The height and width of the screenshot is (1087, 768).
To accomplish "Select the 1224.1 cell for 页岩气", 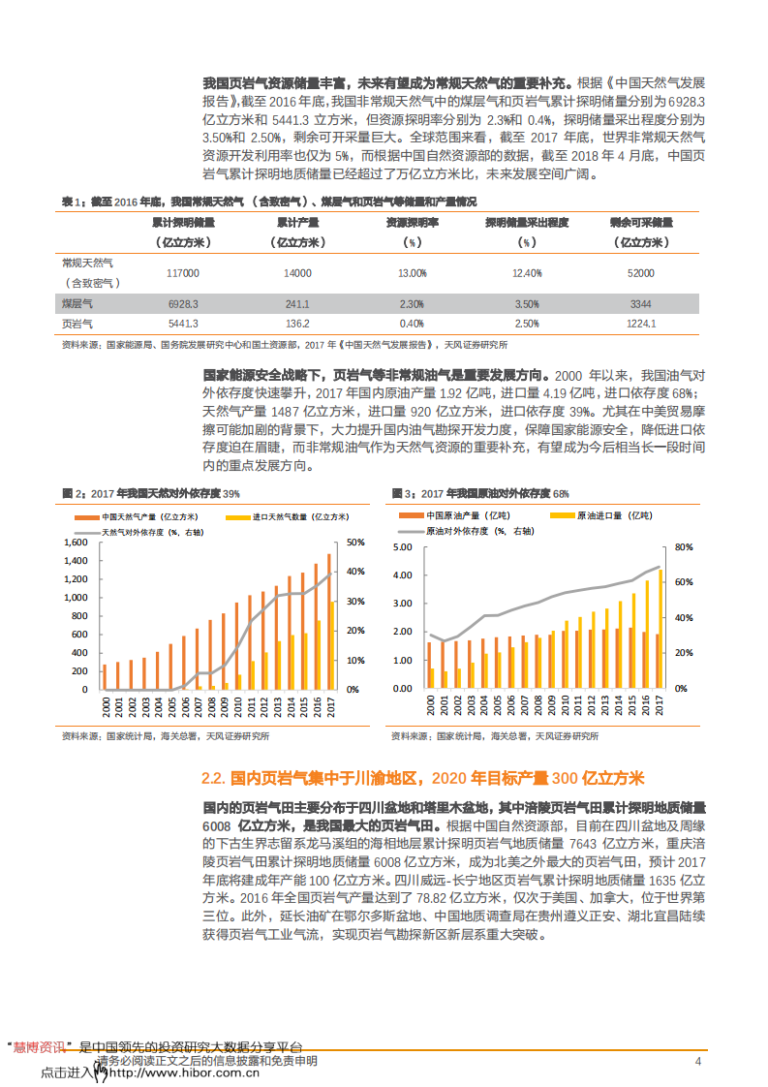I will tap(641, 324).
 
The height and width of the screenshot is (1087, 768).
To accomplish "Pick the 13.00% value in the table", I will tap(413, 273).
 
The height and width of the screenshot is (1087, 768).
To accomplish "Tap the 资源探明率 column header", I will tap(413, 222).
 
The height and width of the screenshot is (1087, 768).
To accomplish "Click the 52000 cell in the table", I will tap(641, 273).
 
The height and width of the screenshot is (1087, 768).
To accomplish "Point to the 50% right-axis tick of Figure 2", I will tap(356, 543).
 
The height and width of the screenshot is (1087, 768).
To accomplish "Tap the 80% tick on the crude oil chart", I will tap(683, 547).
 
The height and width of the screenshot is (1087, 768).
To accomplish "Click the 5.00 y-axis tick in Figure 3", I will tap(405, 547).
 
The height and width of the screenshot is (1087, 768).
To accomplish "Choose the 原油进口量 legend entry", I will tap(613, 516).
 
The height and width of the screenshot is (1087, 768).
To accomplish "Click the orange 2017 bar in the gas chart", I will tap(328, 620).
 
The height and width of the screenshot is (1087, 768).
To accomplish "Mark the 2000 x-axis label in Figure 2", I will tap(105, 706).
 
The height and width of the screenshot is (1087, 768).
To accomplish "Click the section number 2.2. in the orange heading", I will tap(214, 778).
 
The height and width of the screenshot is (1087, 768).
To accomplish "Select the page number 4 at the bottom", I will tap(698, 1061).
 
